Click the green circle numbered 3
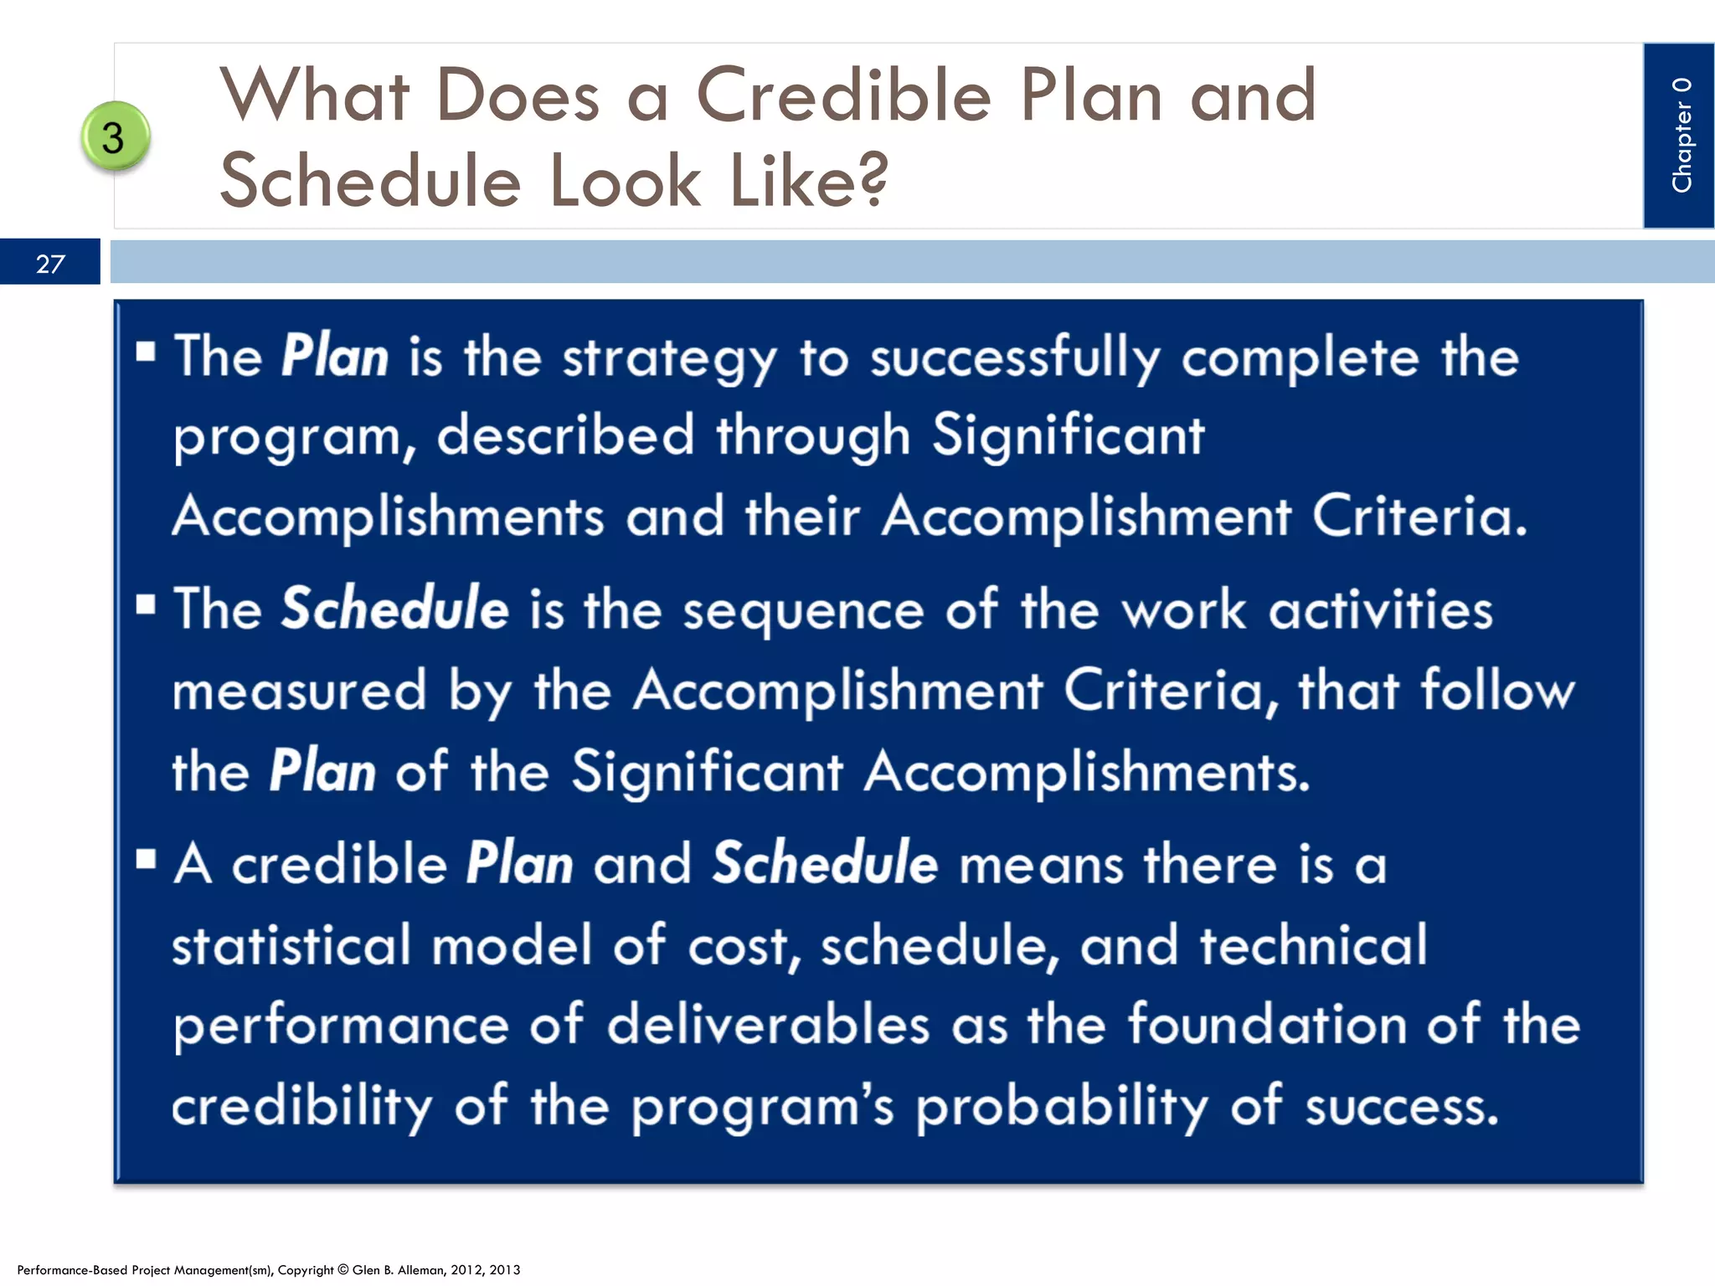[x=116, y=136]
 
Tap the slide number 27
[x=50, y=264]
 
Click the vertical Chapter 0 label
[x=1681, y=135]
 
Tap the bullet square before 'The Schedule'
[x=146, y=604]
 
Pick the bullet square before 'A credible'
[x=146, y=859]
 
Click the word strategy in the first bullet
[x=669, y=358]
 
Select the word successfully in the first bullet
[x=1015, y=358]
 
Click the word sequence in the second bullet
[x=803, y=610]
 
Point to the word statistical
[x=291, y=945]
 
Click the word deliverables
[x=768, y=1025]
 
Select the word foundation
[x=1267, y=1025]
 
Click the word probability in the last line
[x=1062, y=1107]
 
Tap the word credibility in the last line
[x=302, y=1107]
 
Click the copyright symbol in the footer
[x=342, y=1270]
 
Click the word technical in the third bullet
[x=1313, y=945]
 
